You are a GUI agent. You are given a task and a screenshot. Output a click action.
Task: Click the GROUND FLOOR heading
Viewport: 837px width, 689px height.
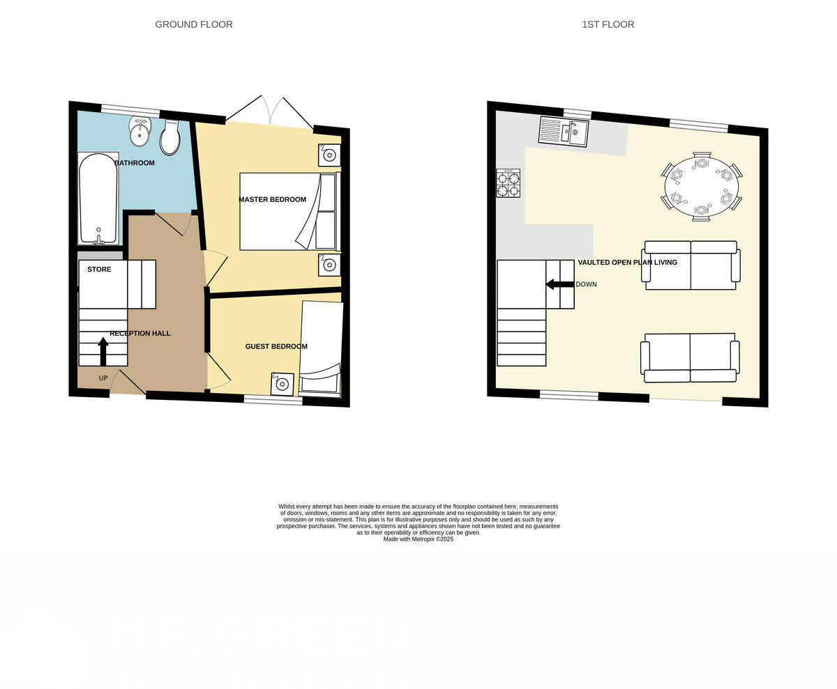[x=194, y=24]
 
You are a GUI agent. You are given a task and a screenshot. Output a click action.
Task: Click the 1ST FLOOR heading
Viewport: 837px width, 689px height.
[x=608, y=24]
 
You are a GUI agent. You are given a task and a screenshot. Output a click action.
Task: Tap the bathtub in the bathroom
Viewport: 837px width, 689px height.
[x=98, y=198]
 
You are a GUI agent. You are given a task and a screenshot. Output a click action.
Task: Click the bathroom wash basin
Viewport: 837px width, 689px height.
[x=140, y=132]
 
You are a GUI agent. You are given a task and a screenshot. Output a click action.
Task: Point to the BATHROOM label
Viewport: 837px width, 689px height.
[x=135, y=163]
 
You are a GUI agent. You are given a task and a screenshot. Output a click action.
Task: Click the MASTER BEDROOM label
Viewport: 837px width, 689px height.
[x=272, y=200]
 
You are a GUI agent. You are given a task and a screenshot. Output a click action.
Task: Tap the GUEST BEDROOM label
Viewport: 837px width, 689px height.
[x=276, y=346]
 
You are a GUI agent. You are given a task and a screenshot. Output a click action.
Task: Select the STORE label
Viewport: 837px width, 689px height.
[x=99, y=270]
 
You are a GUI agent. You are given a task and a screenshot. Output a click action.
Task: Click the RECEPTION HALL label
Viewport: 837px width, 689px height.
[x=140, y=334]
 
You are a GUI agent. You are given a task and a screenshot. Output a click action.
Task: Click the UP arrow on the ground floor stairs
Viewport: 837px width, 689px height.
[x=103, y=351]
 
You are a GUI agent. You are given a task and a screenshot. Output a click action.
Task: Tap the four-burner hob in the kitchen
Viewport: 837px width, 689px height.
[x=508, y=183]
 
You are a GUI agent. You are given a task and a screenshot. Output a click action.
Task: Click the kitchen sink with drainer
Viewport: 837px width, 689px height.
[x=564, y=131]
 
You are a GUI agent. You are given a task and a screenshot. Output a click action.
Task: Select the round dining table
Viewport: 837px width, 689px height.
[x=701, y=187]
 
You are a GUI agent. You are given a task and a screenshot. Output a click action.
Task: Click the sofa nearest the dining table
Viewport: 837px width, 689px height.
[x=691, y=265]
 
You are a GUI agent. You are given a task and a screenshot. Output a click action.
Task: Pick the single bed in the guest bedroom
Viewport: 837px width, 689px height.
[x=321, y=348]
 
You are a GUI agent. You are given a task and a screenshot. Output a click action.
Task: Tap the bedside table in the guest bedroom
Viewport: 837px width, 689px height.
[x=282, y=384]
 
